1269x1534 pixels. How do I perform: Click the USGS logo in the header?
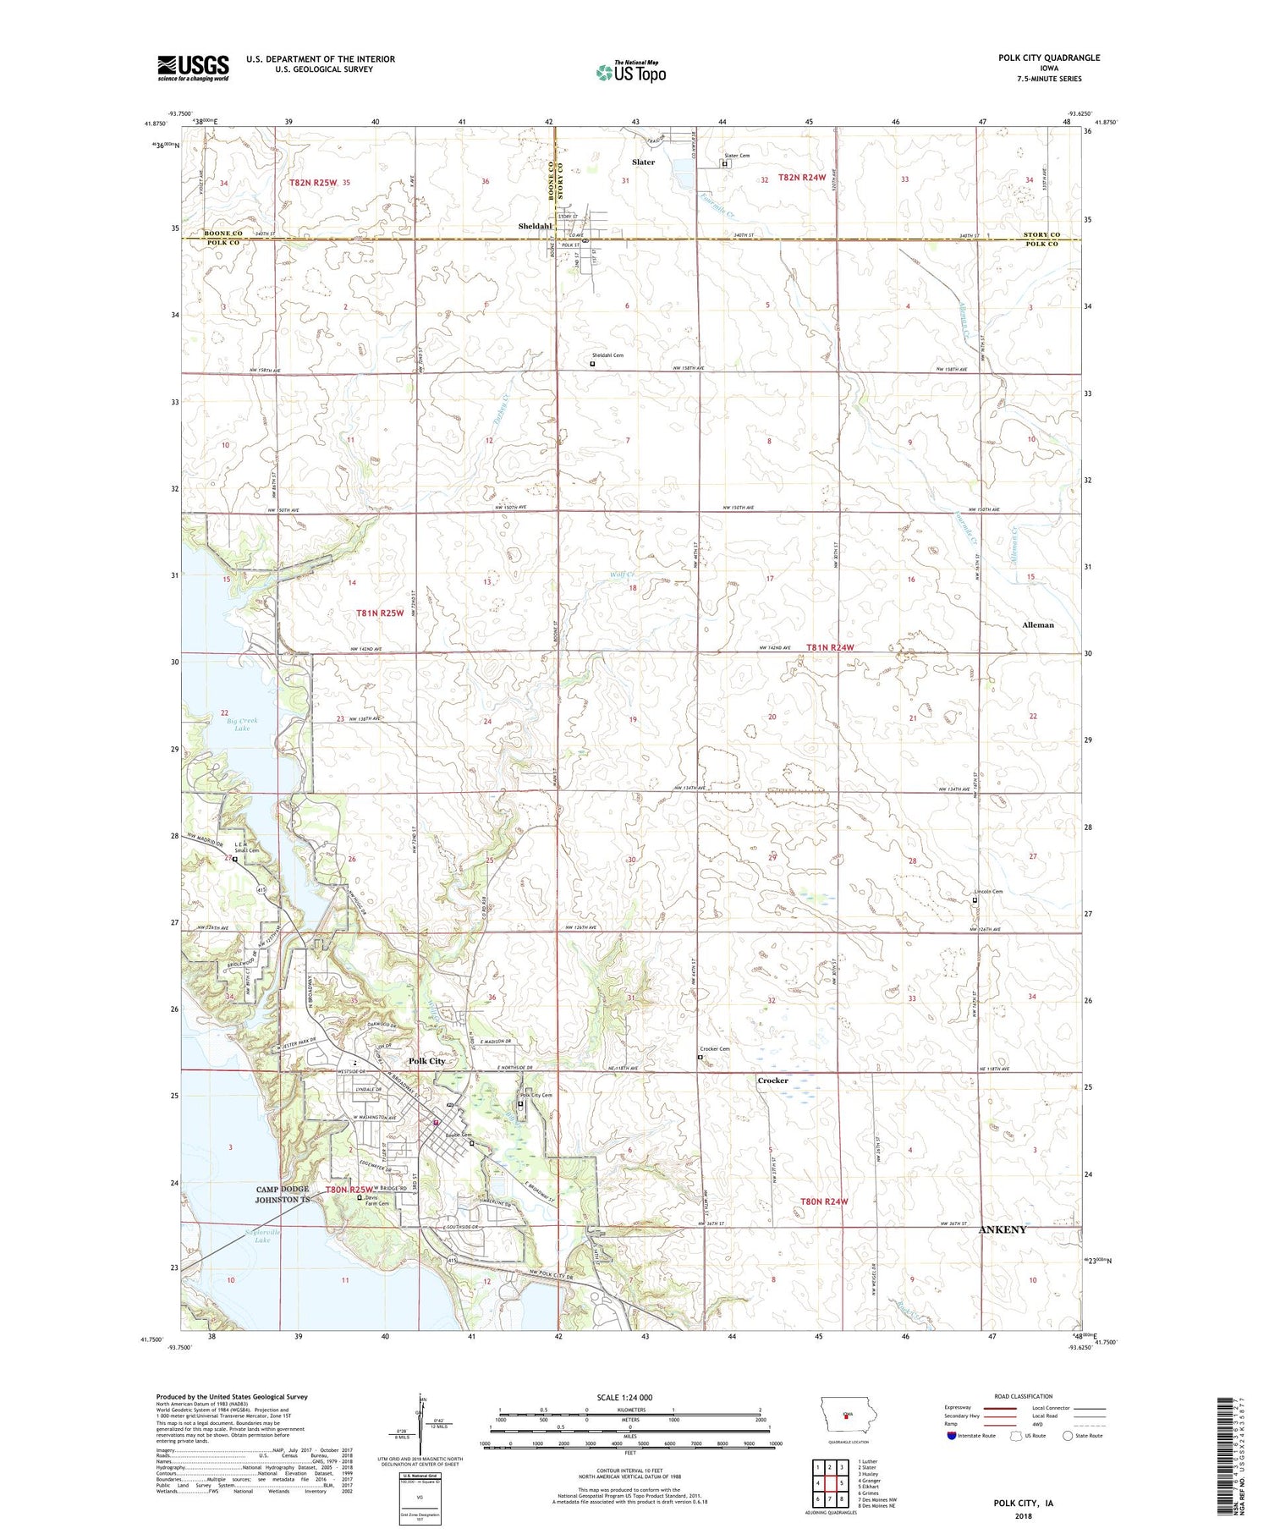coord(193,68)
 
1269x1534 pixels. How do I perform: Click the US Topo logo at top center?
coord(630,73)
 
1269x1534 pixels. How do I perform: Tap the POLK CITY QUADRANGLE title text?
coord(1049,58)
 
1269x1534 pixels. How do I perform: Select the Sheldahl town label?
coord(535,227)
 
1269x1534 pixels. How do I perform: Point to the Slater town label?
coord(643,162)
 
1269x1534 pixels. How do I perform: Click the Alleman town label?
coord(1038,624)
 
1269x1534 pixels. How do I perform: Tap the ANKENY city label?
coord(1003,1229)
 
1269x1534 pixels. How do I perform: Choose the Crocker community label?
coord(772,1080)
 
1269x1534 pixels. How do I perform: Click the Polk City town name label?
coord(426,1061)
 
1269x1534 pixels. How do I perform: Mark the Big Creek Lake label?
coord(242,724)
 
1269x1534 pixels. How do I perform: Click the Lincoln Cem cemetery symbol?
coord(974,901)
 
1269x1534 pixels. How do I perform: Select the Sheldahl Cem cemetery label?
coord(607,355)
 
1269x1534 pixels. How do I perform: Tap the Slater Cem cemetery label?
coord(737,156)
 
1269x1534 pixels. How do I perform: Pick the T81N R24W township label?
coord(830,647)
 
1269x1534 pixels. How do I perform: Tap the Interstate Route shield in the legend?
coord(951,1436)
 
